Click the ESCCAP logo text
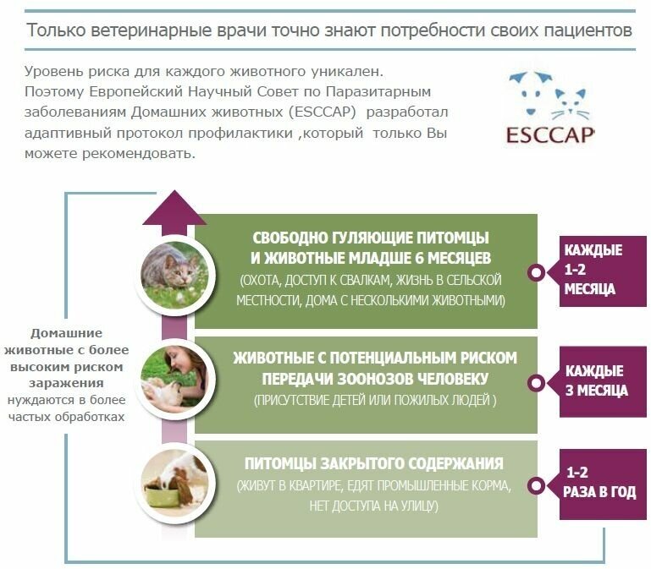pos(550,134)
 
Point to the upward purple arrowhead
pos(174,206)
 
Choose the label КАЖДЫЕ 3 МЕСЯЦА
pos(595,380)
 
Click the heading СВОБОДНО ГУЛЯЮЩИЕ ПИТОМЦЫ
pos(371,238)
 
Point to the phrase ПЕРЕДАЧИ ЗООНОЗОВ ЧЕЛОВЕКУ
pos(374,378)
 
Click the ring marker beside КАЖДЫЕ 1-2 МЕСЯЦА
pos(536,272)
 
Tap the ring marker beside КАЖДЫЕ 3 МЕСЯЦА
pos(536,383)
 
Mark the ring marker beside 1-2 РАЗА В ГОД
pos(536,485)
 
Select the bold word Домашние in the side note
pos(67,333)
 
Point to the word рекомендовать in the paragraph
pos(134,154)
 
